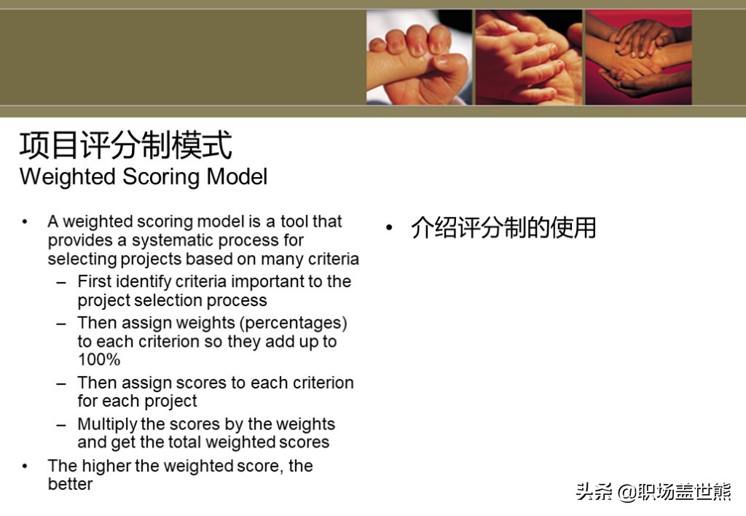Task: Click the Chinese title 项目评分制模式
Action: click(125, 145)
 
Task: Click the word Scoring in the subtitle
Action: click(162, 177)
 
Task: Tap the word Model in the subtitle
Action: click(237, 176)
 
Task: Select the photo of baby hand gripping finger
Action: click(419, 57)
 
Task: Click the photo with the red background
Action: click(638, 57)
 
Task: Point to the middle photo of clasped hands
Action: click(529, 57)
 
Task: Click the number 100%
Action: click(99, 359)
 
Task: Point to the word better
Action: click(71, 484)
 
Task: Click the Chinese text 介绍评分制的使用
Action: click(503, 227)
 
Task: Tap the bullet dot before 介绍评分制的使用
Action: click(389, 228)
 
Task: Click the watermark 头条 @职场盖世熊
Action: click(653, 492)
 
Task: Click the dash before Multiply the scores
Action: click(61, 425)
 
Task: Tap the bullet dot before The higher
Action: click(25, 466)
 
